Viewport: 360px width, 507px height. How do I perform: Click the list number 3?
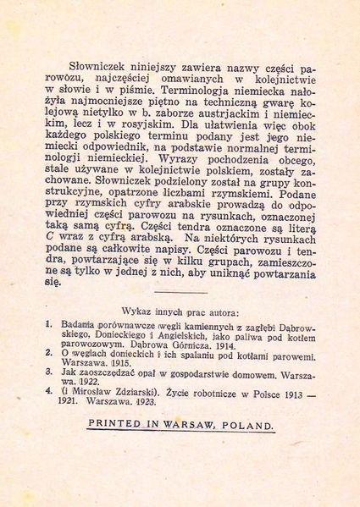(x=50, y=380)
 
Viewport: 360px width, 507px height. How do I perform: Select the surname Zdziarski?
(x=131, y=404)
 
